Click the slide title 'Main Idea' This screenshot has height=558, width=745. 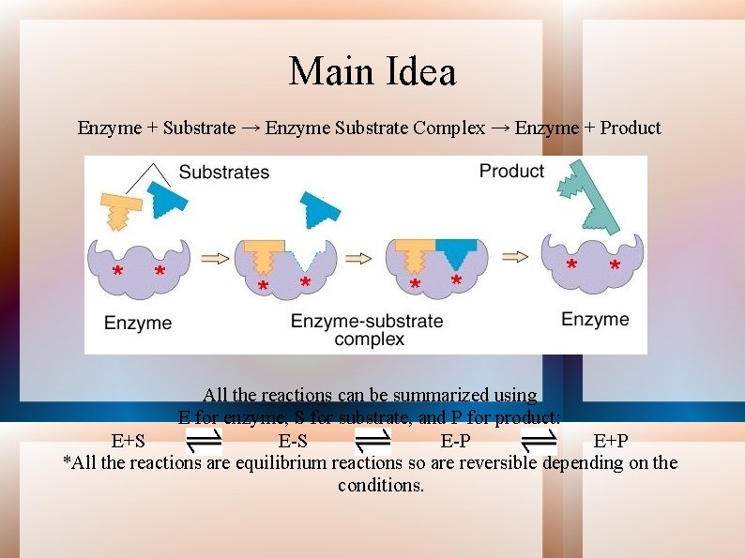372,71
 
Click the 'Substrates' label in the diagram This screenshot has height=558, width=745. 223,172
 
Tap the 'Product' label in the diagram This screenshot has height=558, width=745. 511,171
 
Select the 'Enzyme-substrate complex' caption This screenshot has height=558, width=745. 367,329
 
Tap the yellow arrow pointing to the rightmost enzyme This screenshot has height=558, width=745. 515,255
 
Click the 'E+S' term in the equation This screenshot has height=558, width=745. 129,441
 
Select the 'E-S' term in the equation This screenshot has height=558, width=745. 293,441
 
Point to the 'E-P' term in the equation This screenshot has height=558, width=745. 456,441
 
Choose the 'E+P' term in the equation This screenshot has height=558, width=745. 611,441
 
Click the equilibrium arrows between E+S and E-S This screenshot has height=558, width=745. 204,439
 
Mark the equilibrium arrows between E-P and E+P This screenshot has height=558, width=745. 539,439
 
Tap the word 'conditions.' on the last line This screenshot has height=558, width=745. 381,485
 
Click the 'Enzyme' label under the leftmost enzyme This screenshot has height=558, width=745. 138,323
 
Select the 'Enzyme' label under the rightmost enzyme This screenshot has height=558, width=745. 595,319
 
